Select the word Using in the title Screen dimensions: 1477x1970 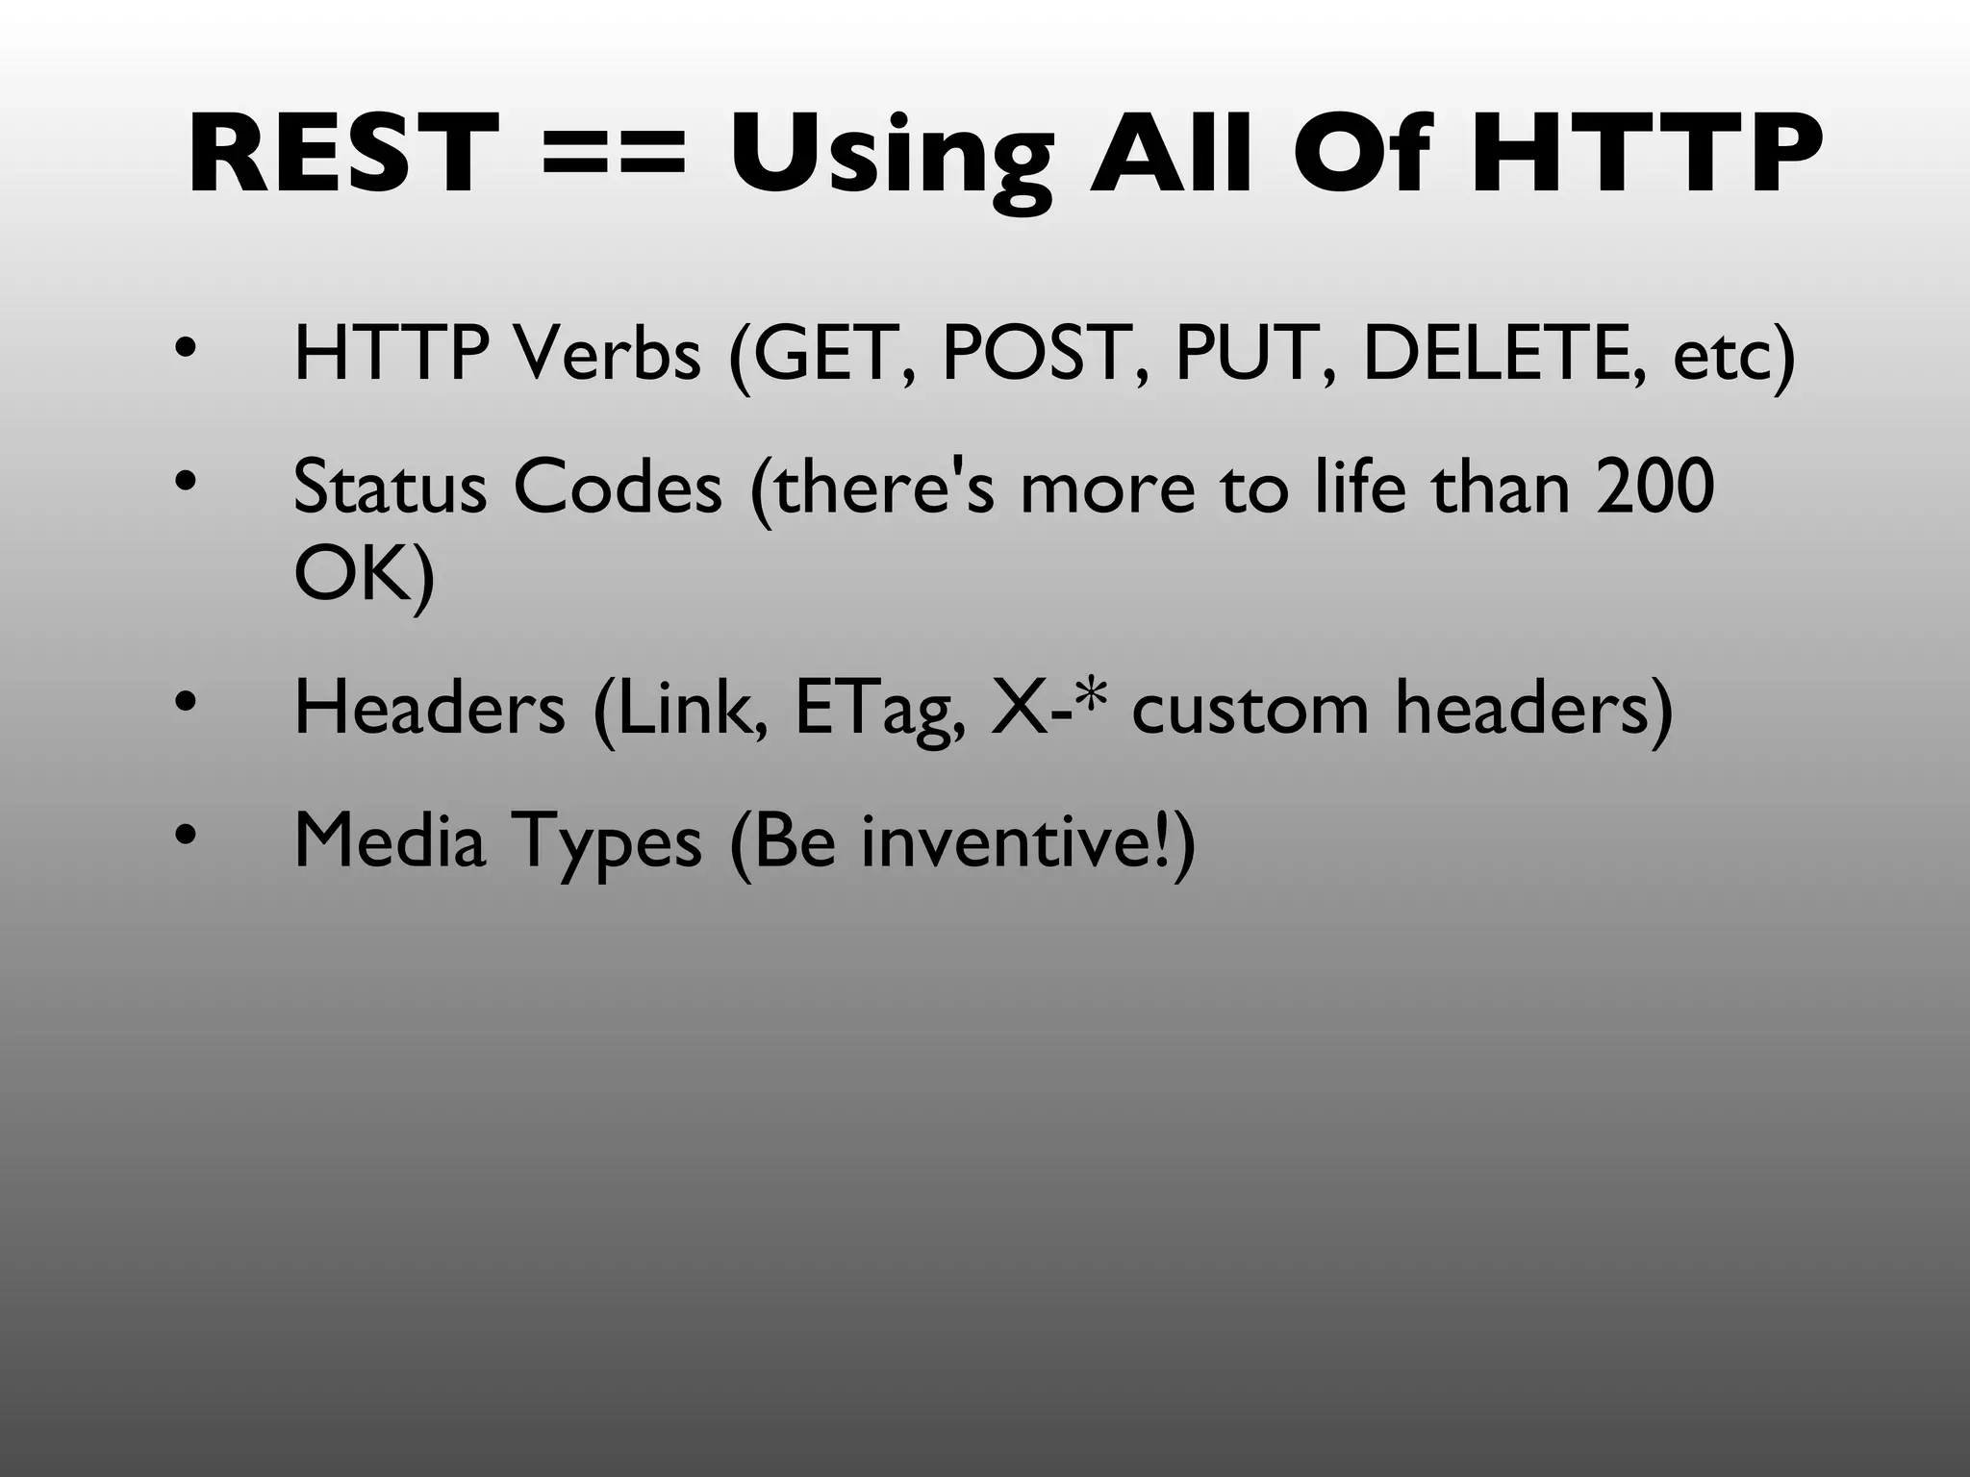pos(891,159)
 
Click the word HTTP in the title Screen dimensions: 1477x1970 pos(1646,154)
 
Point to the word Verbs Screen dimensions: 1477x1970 pos(607,354)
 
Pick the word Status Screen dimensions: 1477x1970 pos(390,487)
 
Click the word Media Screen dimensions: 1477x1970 pos(390,840)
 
